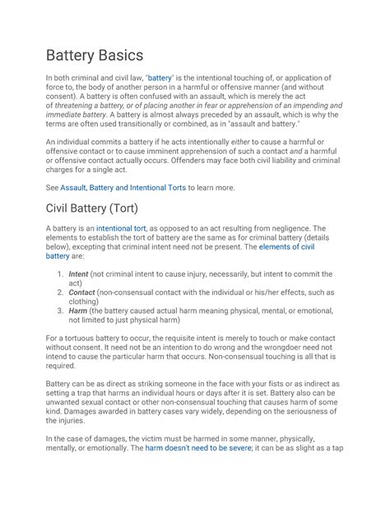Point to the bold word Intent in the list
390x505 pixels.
point(79,274)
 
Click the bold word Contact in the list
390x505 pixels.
point(82,292)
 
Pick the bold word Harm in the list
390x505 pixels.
point(78,311)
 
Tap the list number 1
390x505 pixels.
point(60,274)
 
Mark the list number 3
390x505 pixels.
point(60,311)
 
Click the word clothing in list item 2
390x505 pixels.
point(87,302)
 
